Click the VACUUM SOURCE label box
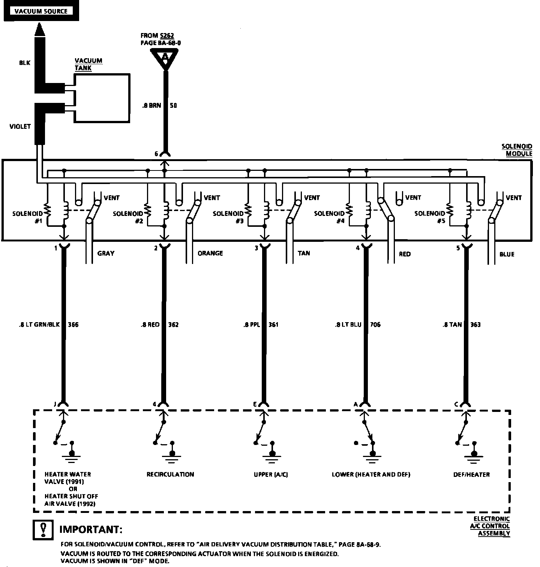tap(41, 11)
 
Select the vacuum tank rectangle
tap(102, 98)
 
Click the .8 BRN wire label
tap(151, 106)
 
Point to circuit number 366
tap(73, 324)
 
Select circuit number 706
tap(375, 324)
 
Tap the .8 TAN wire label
tap(452, 324)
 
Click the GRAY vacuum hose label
tap(106, 253)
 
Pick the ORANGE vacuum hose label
tap(210, 253)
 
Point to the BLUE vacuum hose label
tap(507, 254)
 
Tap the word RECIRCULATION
tap(170, 474)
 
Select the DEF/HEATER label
tap(471, 474)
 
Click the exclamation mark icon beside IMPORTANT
tap(43, 529)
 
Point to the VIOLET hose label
tap(20, 127)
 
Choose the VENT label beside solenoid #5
tap(514, 198)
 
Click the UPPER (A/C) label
tap(271, 474)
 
